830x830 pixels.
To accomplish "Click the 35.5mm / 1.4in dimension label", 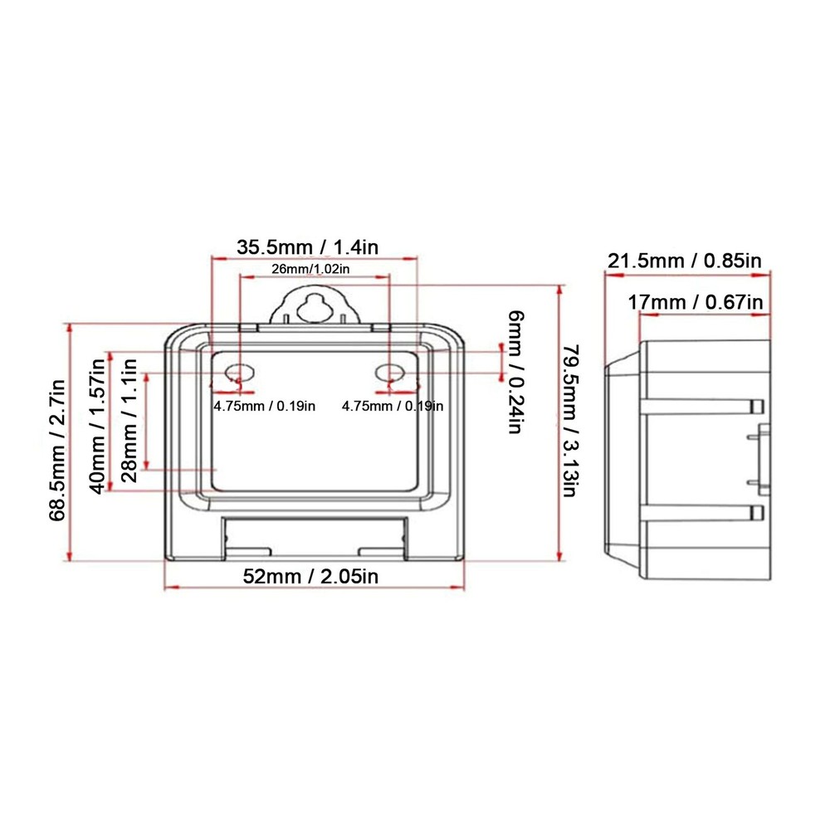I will [x=308, y=247].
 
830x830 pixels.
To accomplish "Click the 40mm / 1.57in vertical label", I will [x=99, y=422].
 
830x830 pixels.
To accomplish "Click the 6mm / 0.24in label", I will [x=515, y=372].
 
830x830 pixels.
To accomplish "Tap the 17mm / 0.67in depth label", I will [x=696, y=301].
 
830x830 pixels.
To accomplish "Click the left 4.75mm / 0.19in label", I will [x=265, y=406].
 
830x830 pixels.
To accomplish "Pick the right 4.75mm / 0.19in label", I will [x=393, y=406].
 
